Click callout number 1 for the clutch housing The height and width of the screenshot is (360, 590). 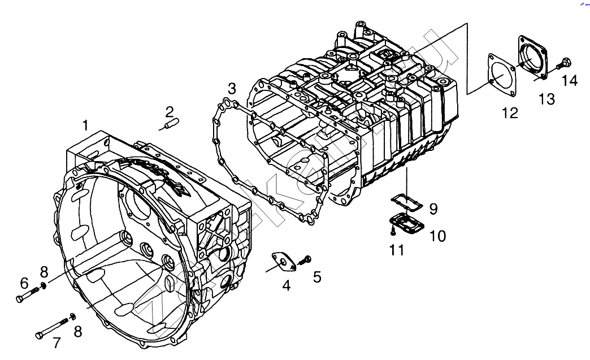click(85, 125)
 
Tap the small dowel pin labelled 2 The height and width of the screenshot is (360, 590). click(172, 123)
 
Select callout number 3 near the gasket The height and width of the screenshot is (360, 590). click(232, 89)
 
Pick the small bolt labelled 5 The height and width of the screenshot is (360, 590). click(306, 259)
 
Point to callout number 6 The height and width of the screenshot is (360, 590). click(24, 282)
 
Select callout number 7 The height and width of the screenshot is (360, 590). click(57, 342)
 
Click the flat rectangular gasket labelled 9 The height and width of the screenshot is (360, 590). click(406, 201)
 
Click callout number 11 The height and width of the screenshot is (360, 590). click(397, 249)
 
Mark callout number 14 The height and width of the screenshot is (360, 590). click(570, 81)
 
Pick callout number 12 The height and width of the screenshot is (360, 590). click(510, 113)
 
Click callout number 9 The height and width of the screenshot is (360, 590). click(433, 209)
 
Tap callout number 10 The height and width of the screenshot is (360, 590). click(438, 235)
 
